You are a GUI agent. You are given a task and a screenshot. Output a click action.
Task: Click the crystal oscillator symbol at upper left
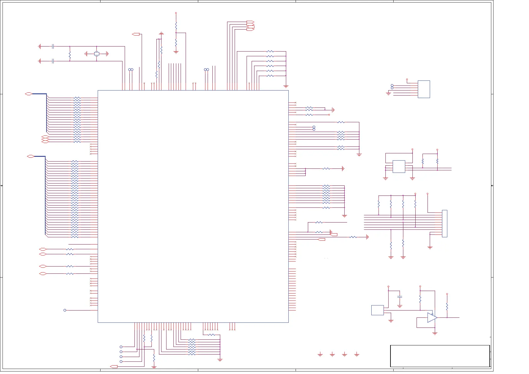pos(96,54)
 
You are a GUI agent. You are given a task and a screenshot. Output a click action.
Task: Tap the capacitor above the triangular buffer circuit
pos(400,296)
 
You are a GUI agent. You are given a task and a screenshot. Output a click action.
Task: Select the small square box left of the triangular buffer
pos(377,310)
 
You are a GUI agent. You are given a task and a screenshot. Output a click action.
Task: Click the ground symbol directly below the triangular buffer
pos(435,333)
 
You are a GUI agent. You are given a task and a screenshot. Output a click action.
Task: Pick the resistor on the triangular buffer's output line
pos(447,306)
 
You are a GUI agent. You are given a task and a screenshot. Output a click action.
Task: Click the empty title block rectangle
pos(440,356)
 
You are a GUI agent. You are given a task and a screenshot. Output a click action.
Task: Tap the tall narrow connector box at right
pos(444,223)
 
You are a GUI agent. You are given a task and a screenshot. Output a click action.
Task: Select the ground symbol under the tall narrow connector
pos(430,248)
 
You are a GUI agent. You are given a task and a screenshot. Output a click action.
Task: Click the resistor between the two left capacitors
pos(70,56)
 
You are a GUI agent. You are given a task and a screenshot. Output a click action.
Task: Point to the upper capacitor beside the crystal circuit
pos(53,47)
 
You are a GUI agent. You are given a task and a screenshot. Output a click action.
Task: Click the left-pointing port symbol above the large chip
pos(136,34)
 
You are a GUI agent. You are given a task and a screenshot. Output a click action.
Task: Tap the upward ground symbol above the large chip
pos(161,33)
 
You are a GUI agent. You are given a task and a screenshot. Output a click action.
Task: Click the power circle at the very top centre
pos(176,13)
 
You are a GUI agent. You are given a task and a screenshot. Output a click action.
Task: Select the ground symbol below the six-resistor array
pos(286,86)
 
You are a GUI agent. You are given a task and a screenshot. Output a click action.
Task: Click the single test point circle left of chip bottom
pos(65,310)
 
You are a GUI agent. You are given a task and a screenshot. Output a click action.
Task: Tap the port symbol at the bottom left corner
pos(114,366)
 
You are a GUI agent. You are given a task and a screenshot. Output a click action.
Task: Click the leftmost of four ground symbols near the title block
pos(320,355)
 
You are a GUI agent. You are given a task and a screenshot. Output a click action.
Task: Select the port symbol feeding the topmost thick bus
pos(29,94)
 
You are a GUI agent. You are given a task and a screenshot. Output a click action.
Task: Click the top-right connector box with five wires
pos(424,89)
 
